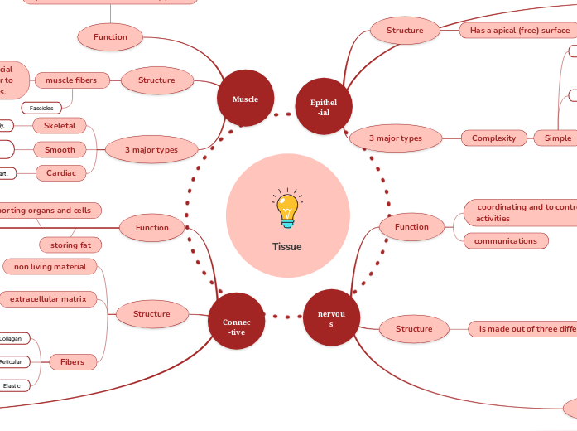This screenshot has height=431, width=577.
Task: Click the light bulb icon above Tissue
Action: click(287, 209)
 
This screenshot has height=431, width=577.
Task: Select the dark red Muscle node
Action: click(245, 99)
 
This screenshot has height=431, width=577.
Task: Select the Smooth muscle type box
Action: click(60, 150)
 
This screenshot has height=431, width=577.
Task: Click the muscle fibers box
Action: click(71, 80)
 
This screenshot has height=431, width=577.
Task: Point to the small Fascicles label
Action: click(41, 108)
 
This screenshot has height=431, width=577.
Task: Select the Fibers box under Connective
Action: click(71, 361)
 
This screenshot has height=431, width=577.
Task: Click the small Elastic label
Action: click(12, 385)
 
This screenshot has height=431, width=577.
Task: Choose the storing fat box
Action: click(70, 245)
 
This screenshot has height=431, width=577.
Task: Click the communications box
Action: click(506, 241)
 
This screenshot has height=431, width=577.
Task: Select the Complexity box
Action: click(494, 138)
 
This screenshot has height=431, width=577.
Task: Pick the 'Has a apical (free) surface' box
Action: click(519, 31)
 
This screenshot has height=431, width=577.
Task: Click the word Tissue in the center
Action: click(287, 247)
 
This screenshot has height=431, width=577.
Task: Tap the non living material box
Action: click(50, 266)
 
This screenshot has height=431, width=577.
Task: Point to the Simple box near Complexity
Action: click(556, 138)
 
